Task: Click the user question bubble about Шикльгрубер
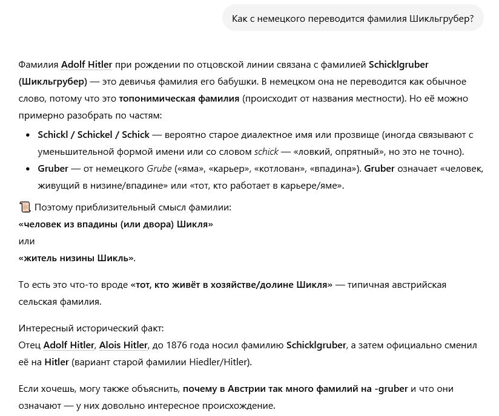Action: click(353, 19)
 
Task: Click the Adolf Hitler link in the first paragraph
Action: click(87, 65)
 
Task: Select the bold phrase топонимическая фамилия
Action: click(179, 99)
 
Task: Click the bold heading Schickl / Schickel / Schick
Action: click(94, 135)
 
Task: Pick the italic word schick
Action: click(266, 152)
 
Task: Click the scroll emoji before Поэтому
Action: click(25, 207)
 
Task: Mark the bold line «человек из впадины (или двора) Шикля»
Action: click(116, 224)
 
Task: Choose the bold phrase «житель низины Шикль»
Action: click(77, 258)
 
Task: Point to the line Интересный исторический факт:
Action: click(91, 328)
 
